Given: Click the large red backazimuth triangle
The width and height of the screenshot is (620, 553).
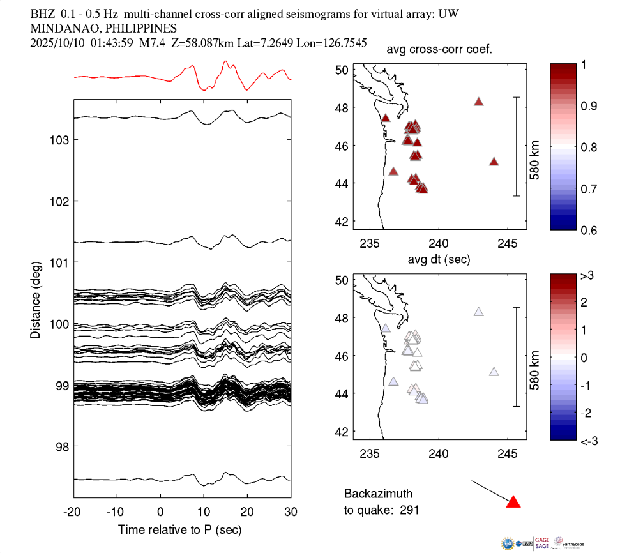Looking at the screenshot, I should tap(513, 503).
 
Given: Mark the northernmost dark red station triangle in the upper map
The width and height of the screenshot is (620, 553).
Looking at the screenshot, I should tap(479, 102).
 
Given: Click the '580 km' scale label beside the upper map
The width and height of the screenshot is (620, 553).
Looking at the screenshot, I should tap(535, 146).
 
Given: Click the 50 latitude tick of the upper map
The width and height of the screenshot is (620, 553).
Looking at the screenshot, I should tap(342, 70).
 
